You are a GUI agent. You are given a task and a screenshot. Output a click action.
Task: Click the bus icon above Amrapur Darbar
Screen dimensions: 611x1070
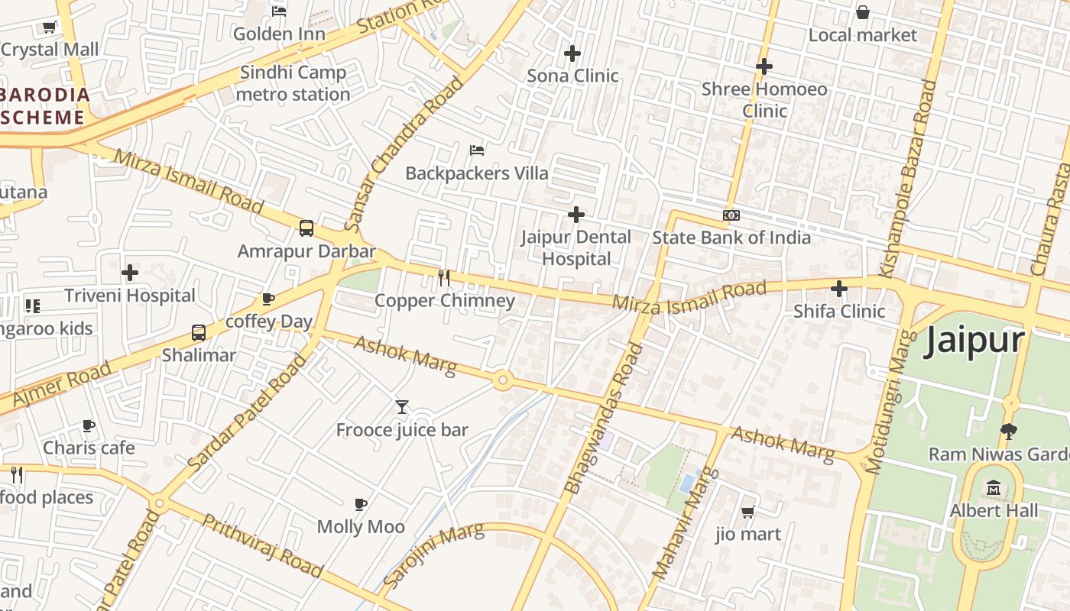[306, 228]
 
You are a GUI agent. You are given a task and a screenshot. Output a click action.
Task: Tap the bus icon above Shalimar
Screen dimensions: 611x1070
[199, 332]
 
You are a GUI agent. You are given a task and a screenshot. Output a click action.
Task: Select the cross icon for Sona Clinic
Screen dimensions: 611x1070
[572, 53]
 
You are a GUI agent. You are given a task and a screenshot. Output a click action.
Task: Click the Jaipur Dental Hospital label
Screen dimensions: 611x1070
[576, 247]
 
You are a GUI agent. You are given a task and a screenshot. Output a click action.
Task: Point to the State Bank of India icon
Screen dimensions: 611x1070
[731, 215]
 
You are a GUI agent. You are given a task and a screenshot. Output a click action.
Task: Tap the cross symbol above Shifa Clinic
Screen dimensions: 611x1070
[839, 289]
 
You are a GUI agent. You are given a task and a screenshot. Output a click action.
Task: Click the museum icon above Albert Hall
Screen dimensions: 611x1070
[994, 487]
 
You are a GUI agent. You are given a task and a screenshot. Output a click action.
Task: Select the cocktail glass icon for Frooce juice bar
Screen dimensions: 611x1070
[402, 407]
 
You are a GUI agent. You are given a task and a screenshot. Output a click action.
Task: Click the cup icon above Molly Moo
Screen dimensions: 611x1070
[361, 504]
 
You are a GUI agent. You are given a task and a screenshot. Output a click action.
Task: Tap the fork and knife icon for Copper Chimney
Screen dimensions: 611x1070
[444, 277]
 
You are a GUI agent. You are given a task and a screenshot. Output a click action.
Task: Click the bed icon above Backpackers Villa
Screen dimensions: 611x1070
[477, 150]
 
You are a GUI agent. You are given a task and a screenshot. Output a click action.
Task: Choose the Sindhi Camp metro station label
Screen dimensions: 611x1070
[293, 83]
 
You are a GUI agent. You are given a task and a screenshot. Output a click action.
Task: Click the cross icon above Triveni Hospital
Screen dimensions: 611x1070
[130, 272]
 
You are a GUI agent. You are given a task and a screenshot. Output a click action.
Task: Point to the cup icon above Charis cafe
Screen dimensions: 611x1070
[89, 425]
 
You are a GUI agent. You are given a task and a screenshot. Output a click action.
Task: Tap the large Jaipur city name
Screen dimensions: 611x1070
[974, 341]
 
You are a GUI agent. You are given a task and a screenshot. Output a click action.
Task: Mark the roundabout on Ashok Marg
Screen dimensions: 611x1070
[502, 380]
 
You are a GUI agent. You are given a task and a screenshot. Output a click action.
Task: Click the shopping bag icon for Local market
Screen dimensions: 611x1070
[863, 12]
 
